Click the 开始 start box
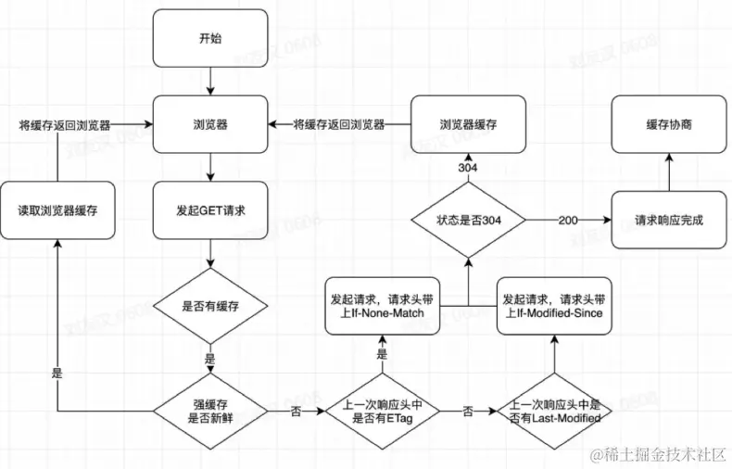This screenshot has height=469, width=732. click(x=210, y=38)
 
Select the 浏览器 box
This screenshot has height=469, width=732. click(x=210, y=124)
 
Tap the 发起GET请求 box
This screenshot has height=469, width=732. click(x=210, y=210)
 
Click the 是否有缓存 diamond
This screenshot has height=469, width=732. click(x=210, y=306)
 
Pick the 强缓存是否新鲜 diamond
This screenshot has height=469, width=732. click(x=210, y=412)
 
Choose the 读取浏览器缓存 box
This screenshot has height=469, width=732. click(x=57, y=210)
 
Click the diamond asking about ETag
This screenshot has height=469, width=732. click(x=383, y=412)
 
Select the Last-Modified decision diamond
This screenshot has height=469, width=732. click(x=554, y=412)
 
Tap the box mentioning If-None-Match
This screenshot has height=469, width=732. click(x=383, y=306)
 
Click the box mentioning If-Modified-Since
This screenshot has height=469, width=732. click(x=554, y=306)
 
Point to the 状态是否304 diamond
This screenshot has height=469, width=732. click(x=468, y=220)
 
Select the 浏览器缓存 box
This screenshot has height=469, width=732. click(x=468, y=124)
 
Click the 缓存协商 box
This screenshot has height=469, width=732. click(x=669, y=124)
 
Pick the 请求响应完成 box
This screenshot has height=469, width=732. click(x=669, y=220)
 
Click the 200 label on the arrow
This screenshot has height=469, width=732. click(x=568, y=220)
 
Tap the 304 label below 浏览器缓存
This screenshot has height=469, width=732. click(x=468, y=167)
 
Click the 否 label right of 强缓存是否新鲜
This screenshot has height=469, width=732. click(x=296, y=412)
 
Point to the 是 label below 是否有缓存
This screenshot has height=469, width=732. click(x=210, y=359)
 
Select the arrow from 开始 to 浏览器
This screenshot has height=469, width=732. click(x=210, y=82)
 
